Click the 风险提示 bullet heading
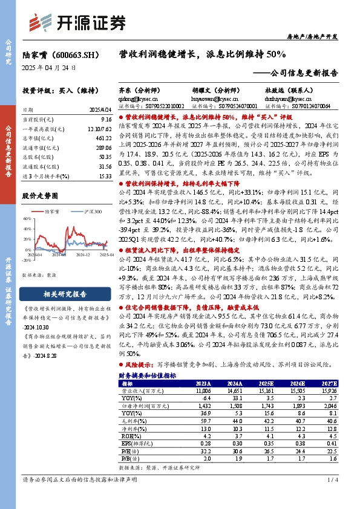[140, 366]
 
